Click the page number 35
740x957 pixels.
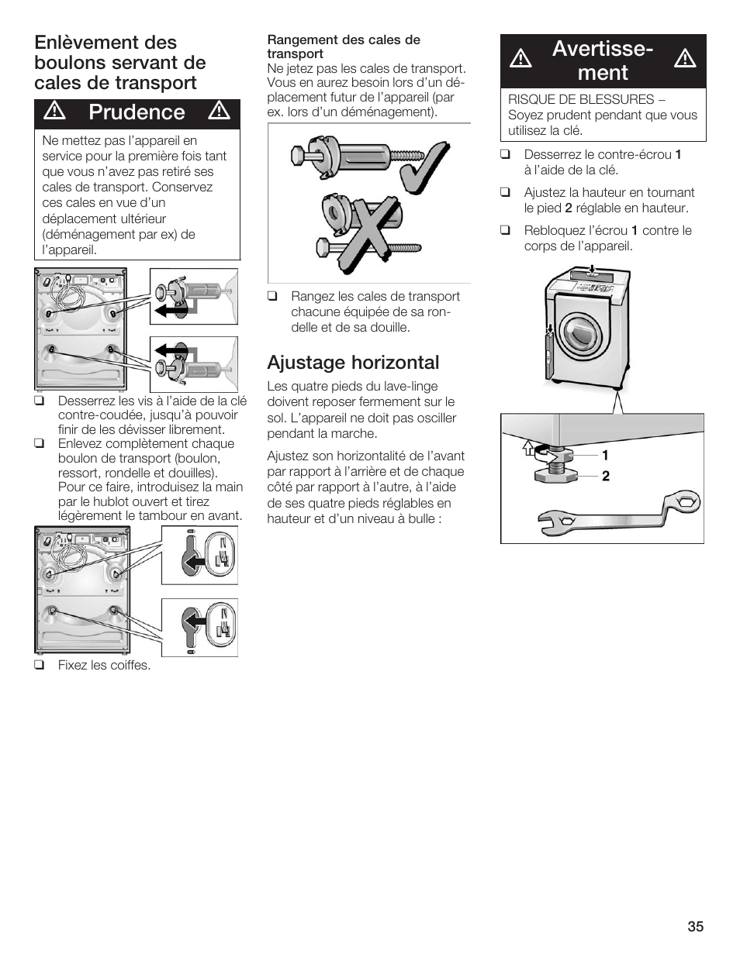[x=695, y=927]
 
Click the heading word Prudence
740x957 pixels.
[x=137, y=112]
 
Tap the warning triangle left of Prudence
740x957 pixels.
[x=54, y=112]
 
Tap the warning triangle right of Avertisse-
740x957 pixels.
[x=685, y=59]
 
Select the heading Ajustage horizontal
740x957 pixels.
[x=353, y=363]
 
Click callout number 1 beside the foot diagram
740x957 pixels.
[x=605, y=456]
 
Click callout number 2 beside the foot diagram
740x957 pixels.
[x=606, y=477]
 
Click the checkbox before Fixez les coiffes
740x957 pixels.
[x=39, y=666]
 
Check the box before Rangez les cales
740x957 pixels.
[x=272, y=297]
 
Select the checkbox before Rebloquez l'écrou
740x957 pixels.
[x=505, y=231]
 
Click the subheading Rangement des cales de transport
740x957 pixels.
[x=344, y=46]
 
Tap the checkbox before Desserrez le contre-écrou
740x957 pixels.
[x=505, y=155]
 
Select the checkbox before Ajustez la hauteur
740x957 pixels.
[x=505, y=193]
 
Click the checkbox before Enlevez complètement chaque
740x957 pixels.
[x=39, y=444]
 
